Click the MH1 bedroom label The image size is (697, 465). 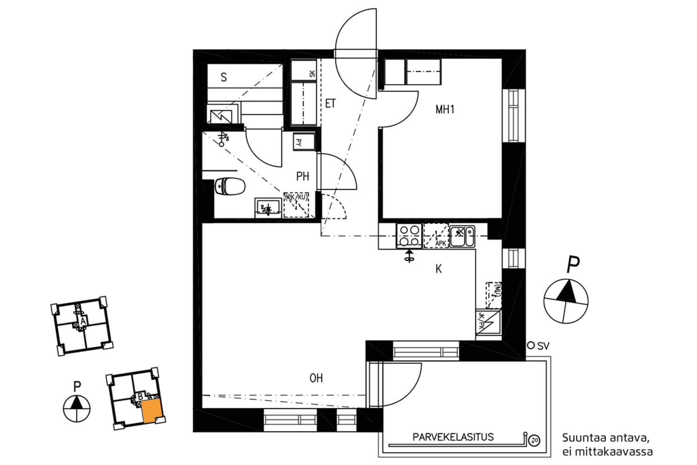coord(445,110)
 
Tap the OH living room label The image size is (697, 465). coord(316,378)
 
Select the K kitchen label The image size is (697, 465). coord(438,269)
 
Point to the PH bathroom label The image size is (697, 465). coord(302,176)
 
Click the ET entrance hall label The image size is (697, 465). coord(330,104)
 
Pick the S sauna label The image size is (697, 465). coord(224,77)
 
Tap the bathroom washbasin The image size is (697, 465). coord(268,208)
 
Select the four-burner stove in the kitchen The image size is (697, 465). coord(409,236)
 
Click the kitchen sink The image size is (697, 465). coord(462,236)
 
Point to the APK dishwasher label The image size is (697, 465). coord(440,243)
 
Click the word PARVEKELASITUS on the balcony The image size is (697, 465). coord(453,437)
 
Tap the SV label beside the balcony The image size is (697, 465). coord(543,346)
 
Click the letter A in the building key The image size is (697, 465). coord(83,321)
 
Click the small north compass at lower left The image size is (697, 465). coord(77,408)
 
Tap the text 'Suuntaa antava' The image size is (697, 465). coord(605,438)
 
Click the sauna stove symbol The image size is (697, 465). coord(221,115)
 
